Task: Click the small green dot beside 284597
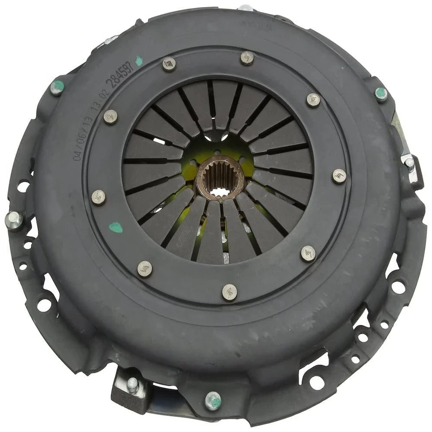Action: (x=139, y=61)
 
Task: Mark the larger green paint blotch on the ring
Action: (x=116, y=227)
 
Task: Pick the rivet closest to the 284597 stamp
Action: (x=168, y=64)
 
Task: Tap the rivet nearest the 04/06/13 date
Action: (x=110, y=116)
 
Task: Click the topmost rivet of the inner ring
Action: (x=247, y=57)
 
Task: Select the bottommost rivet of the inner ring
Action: (x=230, y=292)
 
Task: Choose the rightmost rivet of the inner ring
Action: (x=339, y=176)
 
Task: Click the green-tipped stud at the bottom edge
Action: (x=213, y=401)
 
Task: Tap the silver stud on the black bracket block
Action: (x=133, y=384)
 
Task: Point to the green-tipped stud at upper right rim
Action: (x=381, y=94)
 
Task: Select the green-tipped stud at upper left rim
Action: (x=57, y=87)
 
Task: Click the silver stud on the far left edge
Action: (x=14, y=220)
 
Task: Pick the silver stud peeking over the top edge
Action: (x=246, y=8)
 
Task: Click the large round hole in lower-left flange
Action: (x=44, y=304)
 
